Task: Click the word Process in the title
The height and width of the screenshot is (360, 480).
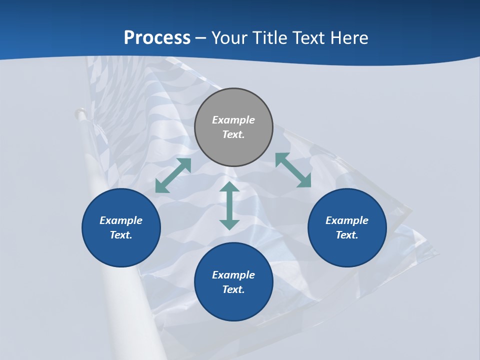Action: click(157, 38)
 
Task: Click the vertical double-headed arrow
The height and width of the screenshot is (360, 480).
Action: click(229, 205)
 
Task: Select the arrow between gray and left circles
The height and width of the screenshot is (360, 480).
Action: click(173, 175)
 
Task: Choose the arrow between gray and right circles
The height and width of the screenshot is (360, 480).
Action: click(293, 170)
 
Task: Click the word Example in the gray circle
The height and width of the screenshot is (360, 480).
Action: click(233, 120)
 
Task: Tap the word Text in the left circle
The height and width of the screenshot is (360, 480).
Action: click(121, 235)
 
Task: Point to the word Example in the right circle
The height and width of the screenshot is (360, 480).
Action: click(347, 220)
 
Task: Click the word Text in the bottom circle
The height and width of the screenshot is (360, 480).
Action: click(233, 289)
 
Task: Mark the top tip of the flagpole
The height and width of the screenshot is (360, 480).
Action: click(79, 112)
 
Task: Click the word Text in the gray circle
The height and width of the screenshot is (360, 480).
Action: click(233, 134)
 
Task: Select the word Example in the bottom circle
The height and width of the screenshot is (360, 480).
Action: click(233, 275)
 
